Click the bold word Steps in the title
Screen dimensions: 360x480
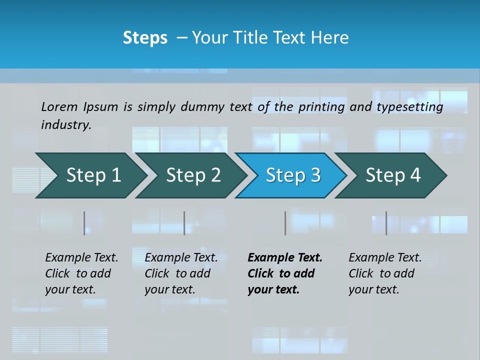[145, 38]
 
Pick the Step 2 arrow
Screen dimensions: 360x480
[193, 175]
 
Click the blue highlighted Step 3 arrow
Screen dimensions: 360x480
[292, 175]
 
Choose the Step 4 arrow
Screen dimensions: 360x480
[392, 175]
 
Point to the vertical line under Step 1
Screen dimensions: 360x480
[84, 223]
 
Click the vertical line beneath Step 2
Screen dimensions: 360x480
[184, 223]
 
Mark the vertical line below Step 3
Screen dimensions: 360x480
[285, 223]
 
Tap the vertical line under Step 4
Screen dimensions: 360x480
[386, 223]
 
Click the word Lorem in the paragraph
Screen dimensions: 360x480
[59, 106]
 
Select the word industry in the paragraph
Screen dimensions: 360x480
[66, 125]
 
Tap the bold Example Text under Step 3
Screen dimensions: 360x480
[285, 258]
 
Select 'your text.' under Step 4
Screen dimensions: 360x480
[373, 290]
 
